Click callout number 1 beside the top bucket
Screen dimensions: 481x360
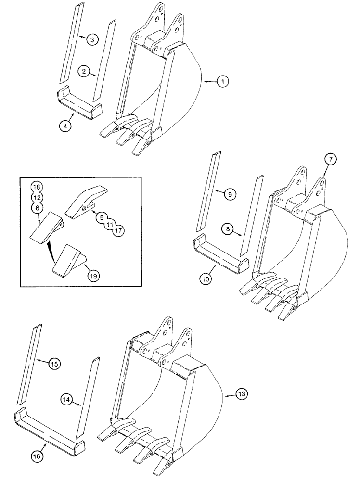(222, 83)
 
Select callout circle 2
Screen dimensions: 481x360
(84, 72)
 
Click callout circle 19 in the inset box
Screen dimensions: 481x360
(93, 276)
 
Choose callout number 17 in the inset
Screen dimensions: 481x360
(118, 231)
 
